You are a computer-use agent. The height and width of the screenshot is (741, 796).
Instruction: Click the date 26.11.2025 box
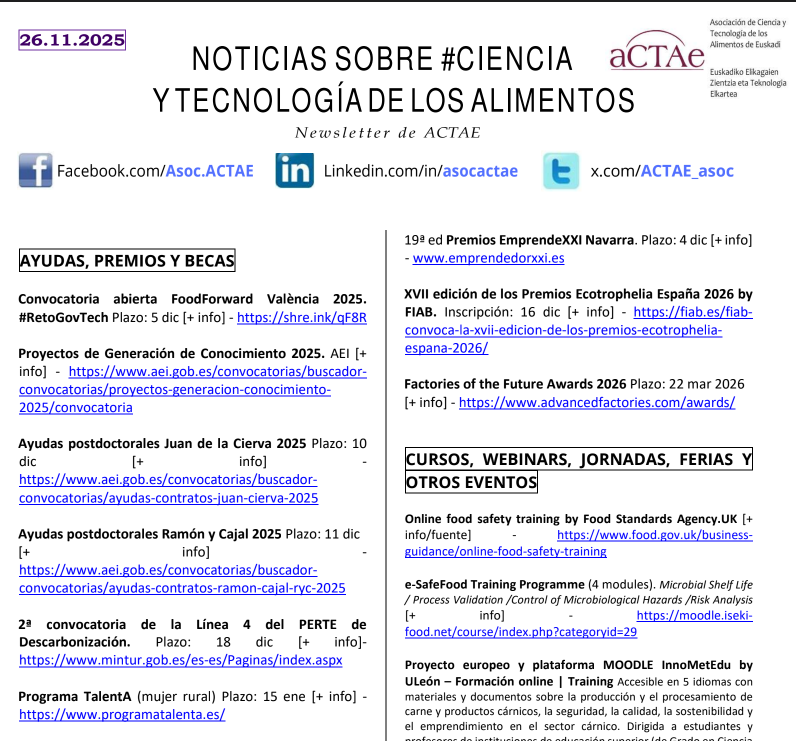72,40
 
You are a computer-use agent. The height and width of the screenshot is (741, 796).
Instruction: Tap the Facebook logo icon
35,171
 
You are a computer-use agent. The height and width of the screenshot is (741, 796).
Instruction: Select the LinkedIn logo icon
295,171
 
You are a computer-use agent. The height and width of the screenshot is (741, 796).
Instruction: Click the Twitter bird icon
561,171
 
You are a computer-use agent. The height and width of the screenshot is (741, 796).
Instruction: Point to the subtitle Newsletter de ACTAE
388,133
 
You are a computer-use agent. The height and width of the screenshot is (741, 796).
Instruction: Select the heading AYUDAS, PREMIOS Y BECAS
127,262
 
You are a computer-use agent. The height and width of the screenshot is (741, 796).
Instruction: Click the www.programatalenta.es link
122,714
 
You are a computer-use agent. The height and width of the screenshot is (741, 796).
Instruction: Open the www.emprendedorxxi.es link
488,258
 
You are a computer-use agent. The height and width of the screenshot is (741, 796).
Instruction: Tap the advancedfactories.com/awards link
597,403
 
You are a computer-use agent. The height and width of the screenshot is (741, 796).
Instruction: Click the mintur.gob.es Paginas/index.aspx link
180,660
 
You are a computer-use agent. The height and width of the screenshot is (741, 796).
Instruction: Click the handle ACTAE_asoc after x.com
687,171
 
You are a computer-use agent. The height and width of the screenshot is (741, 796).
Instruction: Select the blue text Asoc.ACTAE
209,171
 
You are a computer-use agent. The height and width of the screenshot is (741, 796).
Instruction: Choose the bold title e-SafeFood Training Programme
494,583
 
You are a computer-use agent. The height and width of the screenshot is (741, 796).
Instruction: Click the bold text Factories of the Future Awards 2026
515,384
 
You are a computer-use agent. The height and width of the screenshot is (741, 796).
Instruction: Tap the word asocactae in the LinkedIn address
480,171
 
